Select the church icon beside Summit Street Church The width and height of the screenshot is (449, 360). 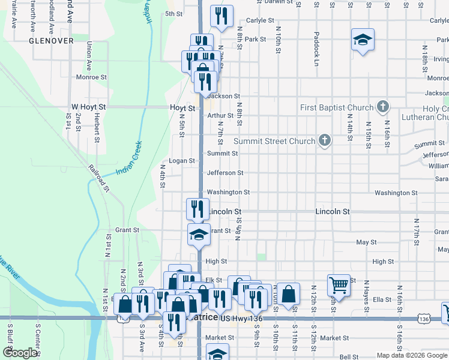(x=325, y=140)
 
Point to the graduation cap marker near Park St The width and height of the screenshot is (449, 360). (x=363, y=40)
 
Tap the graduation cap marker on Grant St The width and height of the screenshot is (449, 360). (x=199, y=234)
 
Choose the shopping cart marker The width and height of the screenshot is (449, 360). (x=339, y=285)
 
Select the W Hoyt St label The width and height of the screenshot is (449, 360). (x=88, y=107)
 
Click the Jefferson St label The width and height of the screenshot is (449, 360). (x=225, y=173)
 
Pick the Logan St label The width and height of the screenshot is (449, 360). (x=182, y=161)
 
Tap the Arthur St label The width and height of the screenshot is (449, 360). (x=220, y=116)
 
